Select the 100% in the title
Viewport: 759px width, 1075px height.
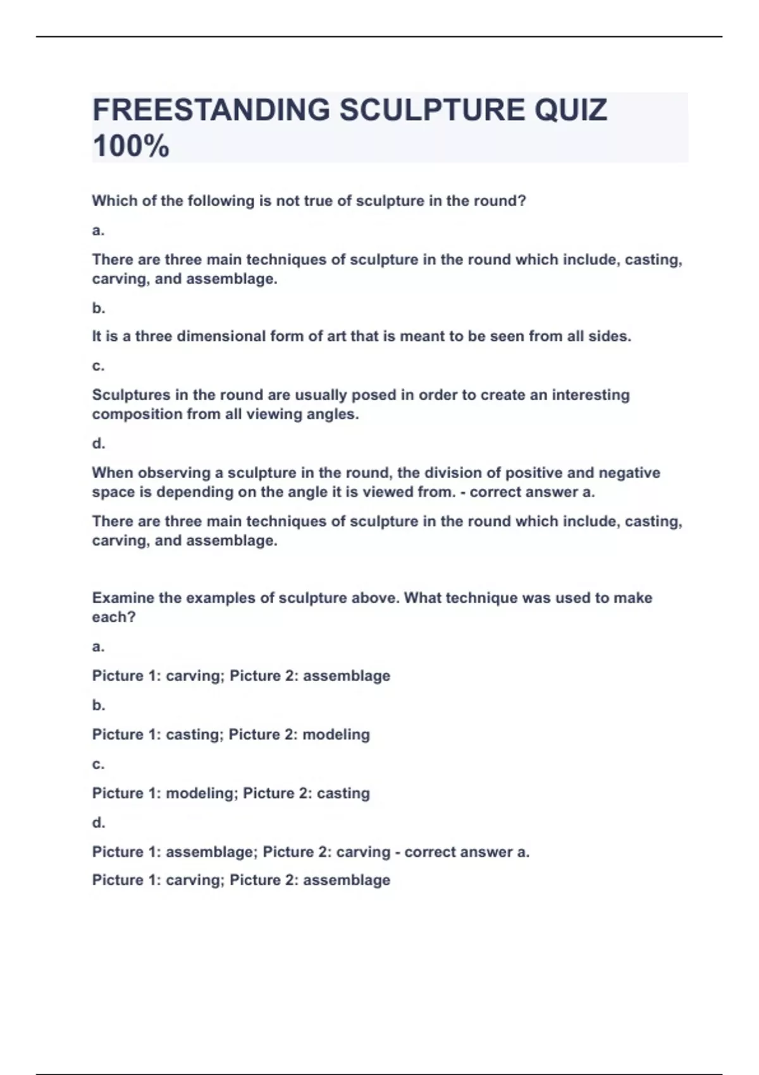tap(131, 147)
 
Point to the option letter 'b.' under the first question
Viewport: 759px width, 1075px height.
tap(98, 309)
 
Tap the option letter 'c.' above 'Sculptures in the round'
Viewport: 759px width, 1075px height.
tap(98, 366)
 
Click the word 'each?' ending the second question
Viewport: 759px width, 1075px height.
tap(114, 618)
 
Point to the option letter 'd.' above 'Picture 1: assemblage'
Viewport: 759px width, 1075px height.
tap(98, 823)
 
